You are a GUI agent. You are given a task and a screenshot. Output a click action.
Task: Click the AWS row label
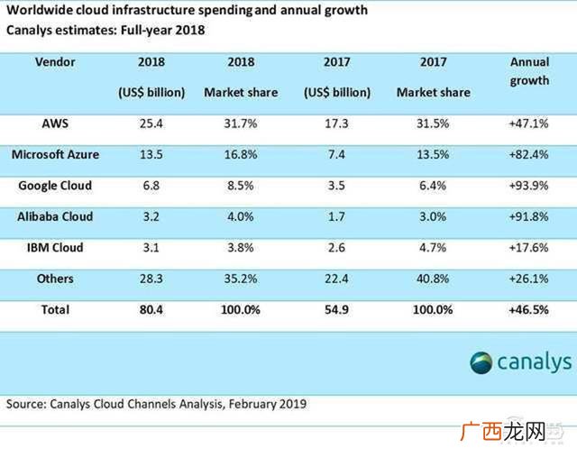click(x=55, y=123)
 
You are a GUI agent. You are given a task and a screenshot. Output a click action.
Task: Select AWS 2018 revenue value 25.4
click(x=151, y=123)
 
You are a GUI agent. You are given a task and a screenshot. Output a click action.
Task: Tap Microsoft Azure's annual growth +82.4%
click(x=529, y=154)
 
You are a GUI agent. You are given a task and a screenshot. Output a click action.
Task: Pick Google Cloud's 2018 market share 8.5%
click(x=241, y=185)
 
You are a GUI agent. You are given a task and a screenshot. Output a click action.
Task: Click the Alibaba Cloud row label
click(x=55, y=216)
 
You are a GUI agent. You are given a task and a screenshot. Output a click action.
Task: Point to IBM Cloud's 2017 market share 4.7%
click(x=433, y=247)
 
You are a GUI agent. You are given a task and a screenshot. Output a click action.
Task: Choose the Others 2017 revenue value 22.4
click(x=336, y=279)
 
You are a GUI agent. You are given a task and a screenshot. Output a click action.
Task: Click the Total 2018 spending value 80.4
click(x=151, y=309)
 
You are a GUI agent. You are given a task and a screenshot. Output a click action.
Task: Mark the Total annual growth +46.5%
click(x=529, y=309)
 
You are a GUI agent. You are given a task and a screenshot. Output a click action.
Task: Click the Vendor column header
click(x=55, y=62)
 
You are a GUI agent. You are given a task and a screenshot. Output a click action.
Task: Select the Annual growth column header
click(x=529, y=71)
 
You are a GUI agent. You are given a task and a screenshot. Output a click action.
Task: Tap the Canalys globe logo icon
click(x=481, y=362)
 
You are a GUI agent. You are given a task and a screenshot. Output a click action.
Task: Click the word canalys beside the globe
click(x=535, y=362)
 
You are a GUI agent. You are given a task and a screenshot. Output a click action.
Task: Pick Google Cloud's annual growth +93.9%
click(x=529, y=185)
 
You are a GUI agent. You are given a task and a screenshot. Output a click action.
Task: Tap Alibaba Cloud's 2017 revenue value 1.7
click(x=336, y=216)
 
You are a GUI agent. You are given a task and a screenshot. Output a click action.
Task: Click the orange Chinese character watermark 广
click(x=471, y=431)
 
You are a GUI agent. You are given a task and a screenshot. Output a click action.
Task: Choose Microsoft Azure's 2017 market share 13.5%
click(x=433, y=154)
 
